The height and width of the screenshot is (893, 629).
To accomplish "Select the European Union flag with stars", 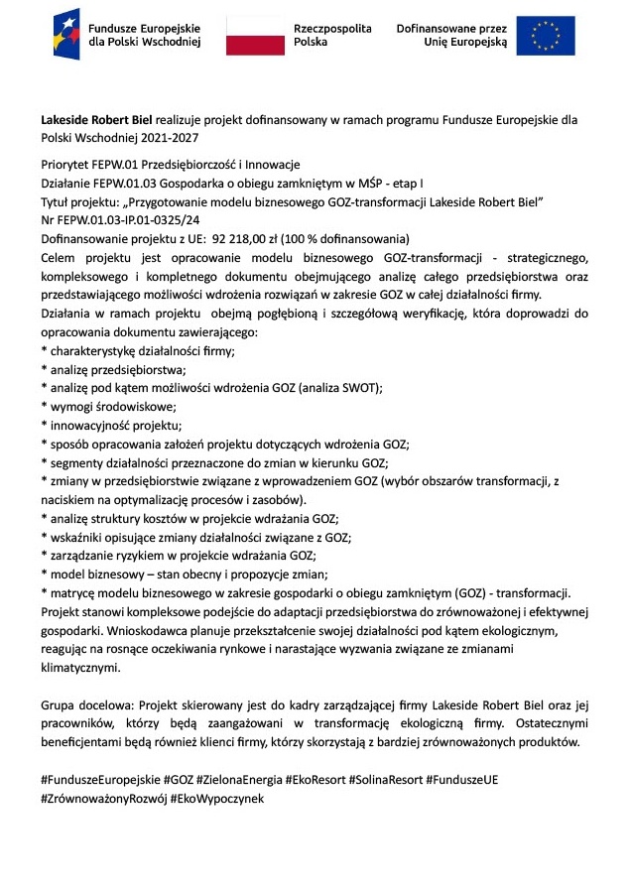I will click(545, 36).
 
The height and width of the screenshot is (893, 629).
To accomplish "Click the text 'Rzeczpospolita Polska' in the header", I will click(332, 36).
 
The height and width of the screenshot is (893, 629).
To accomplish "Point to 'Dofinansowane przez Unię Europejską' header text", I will click(451, 36).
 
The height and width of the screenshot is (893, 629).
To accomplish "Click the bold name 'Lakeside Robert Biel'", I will click(96, 119).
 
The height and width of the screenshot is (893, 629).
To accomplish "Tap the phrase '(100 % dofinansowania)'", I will click(354, 239).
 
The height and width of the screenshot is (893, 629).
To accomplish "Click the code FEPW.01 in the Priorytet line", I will click(110, 164).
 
